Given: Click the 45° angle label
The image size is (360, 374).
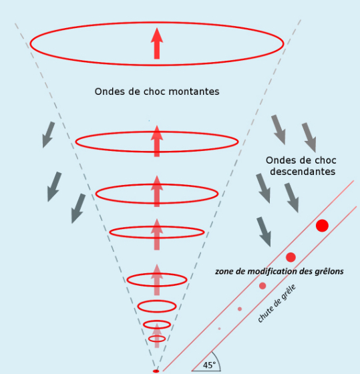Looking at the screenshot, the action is tap(209, 365).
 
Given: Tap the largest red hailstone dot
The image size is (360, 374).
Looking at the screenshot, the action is tap(322, 226).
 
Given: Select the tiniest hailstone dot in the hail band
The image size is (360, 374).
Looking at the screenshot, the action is tap(219, 329).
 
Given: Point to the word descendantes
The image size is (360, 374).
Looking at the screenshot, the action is tap(303, 172).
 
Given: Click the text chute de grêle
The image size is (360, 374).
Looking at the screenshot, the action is tap(277, 303).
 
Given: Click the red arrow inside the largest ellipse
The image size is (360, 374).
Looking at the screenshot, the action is tap(157, 43).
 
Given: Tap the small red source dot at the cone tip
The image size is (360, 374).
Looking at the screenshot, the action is tap(156, 371).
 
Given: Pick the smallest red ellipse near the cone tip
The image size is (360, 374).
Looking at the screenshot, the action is tap(157, 341).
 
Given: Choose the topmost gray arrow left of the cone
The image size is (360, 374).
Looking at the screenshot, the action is tap(49, 135).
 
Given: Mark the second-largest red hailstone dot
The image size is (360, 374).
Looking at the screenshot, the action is tap(291, 257).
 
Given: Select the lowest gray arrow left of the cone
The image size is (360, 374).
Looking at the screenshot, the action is tap(78, 208).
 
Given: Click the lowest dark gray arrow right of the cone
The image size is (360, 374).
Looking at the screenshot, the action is tap(264, 232).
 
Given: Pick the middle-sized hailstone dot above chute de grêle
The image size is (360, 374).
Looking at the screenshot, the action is tap(262, 286).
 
